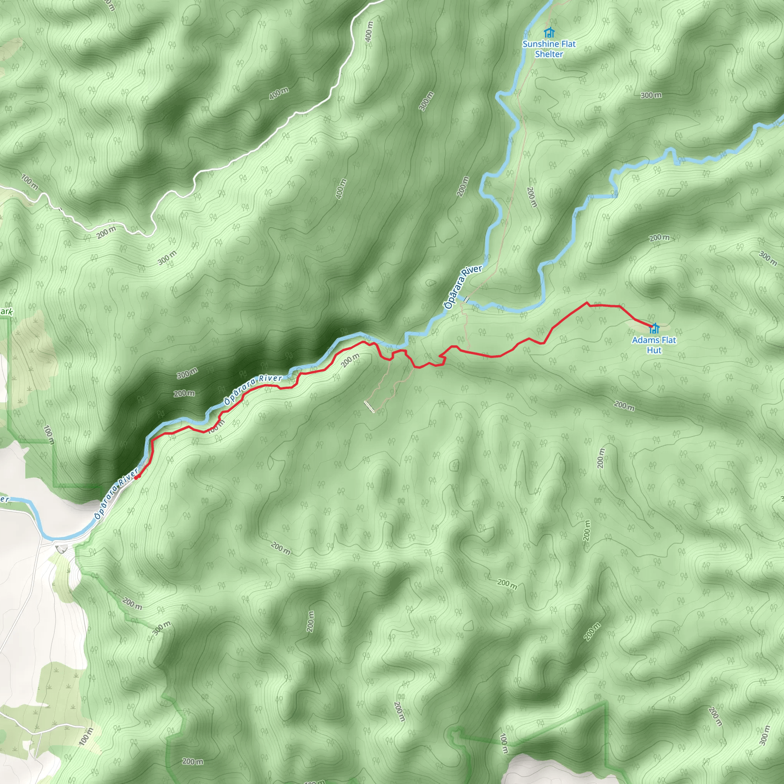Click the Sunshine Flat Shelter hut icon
pos(549,32)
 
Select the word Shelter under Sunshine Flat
pos(549,54)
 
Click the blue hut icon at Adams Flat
pos(654,328)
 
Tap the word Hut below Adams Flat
pos(654,350)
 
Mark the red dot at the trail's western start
pos(136,477)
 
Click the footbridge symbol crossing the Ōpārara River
pos(467,299)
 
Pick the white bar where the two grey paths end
pos(370,407)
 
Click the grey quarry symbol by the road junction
pos(62,549)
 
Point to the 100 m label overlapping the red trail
pos(216,426)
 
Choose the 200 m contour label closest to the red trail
pos(350,360)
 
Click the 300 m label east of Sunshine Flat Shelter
pos(651,95)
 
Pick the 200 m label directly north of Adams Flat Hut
pos(659,238)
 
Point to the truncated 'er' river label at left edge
pos(4,499)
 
